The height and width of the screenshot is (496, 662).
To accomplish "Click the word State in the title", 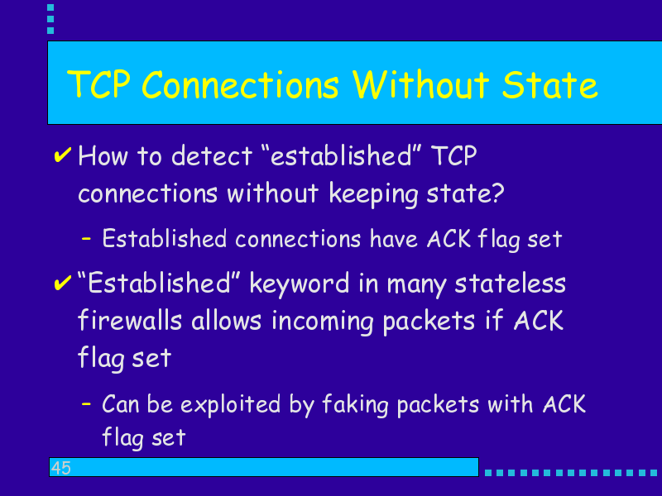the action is pos(549,85).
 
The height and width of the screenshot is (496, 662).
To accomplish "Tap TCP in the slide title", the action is pos(98,84).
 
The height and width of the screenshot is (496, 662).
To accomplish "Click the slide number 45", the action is pos(61,468).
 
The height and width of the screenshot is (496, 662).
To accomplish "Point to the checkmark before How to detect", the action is pos(63,155).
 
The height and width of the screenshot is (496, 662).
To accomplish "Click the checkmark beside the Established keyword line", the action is pos(63,283).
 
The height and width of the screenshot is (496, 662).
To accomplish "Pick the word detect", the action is pos(212,155).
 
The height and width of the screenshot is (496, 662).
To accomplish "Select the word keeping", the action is pos(373,194).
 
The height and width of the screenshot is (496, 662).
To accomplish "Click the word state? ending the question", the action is pos(465,193).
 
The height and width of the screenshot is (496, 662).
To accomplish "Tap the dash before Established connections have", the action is pos(86,238).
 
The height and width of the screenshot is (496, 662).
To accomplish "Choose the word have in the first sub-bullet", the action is pos(394,239).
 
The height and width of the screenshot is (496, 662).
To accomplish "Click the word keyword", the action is pos(300,284).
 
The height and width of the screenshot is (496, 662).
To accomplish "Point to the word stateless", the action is pos(510,283).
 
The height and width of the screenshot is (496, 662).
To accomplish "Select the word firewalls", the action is pos(130,320).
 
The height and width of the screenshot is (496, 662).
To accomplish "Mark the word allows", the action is pos(226,320).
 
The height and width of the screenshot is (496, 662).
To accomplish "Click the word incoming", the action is pos(323,322).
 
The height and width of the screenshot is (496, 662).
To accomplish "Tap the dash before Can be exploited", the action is pos(86,403).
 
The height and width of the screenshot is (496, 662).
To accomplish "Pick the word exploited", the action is pos(231,405).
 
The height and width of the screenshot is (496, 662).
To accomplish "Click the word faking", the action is pos(355,405).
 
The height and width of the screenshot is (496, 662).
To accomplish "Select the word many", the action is pos(416,284).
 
